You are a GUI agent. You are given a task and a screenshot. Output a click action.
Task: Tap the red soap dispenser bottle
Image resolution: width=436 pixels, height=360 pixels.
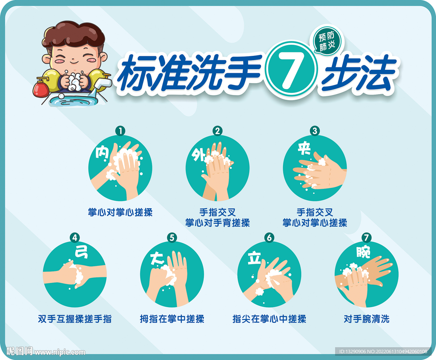(41, 87)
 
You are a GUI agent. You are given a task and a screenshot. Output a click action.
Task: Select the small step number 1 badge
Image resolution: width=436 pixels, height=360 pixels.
(120, 131)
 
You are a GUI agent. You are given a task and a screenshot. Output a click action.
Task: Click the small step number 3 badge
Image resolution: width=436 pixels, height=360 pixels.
(315, 131)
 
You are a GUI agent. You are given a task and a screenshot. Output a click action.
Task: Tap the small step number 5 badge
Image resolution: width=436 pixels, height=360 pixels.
(172, 238)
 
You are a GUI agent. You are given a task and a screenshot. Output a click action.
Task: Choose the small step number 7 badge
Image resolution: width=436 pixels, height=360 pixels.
(366, 238)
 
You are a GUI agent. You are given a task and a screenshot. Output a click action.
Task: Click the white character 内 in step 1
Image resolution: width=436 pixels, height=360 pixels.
(102, 152)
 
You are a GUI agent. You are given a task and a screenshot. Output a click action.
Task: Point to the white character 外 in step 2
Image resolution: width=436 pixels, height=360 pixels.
(198, 155)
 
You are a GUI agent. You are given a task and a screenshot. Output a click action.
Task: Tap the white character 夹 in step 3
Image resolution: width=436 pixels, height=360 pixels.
(304, 148)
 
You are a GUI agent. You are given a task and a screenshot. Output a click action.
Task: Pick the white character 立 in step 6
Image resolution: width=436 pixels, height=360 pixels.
(255, 258)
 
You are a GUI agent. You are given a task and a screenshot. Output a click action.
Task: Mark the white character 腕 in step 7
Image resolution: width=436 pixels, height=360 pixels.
(363, 252)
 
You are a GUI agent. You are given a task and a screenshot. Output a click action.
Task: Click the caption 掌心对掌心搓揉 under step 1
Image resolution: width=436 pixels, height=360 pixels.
(120, 212)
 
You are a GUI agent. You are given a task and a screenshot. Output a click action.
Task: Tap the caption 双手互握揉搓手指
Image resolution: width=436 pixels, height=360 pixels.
(75, 319)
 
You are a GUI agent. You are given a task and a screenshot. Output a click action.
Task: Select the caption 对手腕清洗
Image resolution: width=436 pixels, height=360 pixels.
(367, 319)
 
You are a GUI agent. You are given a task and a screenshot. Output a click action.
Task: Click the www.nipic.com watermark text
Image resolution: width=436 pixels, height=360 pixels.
(60, 352)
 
